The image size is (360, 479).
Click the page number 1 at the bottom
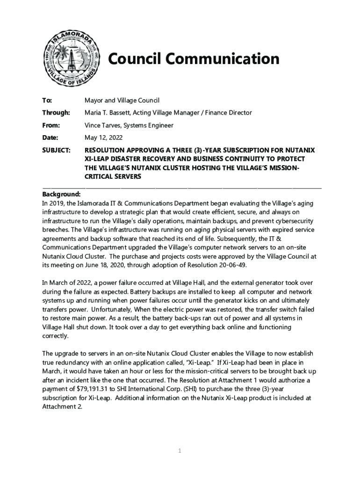(180, 450)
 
